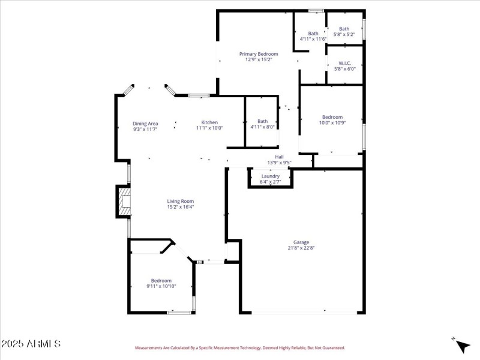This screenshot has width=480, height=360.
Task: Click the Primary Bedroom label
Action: [259, 54]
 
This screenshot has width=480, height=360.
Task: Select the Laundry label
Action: [271, 176]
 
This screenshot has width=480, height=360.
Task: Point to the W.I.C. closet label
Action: [345, 63]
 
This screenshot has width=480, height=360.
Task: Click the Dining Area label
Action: [145, 123]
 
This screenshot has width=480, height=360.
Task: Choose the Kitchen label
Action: [209, 122]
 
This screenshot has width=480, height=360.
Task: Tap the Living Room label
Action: [180, 201]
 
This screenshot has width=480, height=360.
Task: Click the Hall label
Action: [279, 157]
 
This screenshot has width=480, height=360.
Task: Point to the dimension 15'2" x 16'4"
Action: [180, 207]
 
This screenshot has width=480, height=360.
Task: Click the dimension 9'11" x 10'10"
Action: [161, 286]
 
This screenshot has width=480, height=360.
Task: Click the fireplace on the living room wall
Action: [123, 202]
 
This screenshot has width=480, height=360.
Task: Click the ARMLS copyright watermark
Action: [31, 344]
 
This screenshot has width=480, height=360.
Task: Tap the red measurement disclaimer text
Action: [239, 347]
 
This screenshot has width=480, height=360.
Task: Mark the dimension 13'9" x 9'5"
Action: [279, 162]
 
